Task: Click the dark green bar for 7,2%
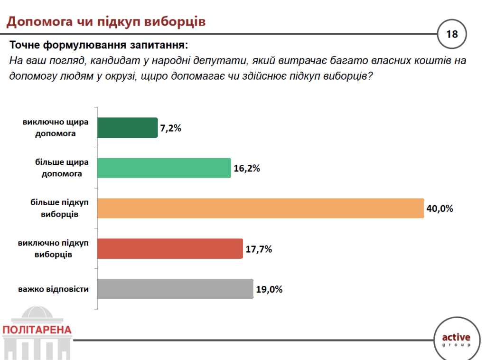pos(127,128)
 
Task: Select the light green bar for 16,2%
pos(164,168)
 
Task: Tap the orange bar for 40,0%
pos(261,208)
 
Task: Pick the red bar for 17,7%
pos(170,248)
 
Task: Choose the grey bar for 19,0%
pos(175,289)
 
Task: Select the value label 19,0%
pos(269,289)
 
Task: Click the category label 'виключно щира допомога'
pos(56,128)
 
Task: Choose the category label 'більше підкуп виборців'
pos(59,208)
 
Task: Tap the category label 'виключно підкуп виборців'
pos(53,248)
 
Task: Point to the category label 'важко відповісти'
pos(54,289)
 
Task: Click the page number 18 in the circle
pos(452,34)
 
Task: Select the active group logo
pos(456,340)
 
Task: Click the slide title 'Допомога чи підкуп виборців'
pos(105,22)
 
